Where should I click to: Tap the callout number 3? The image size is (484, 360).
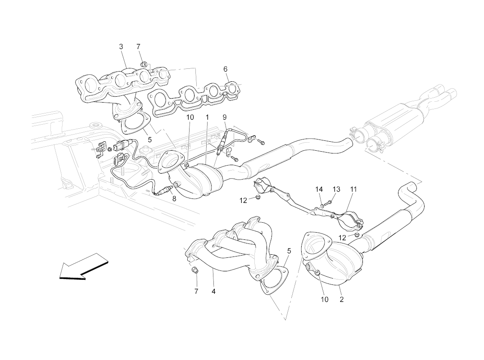click(121, 47)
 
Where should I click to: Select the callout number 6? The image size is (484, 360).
click(225, 69)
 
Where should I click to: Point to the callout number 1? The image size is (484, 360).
click(207, 117)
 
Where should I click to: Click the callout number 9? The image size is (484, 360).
click(224, 117)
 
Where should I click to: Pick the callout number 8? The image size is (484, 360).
click(174, 198)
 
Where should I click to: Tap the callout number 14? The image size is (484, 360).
click(319, 189)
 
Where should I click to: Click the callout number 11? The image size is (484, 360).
click(353, 189)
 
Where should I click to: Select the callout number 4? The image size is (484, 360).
click(213, 292)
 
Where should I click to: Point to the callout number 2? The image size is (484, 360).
click(342, 299)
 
